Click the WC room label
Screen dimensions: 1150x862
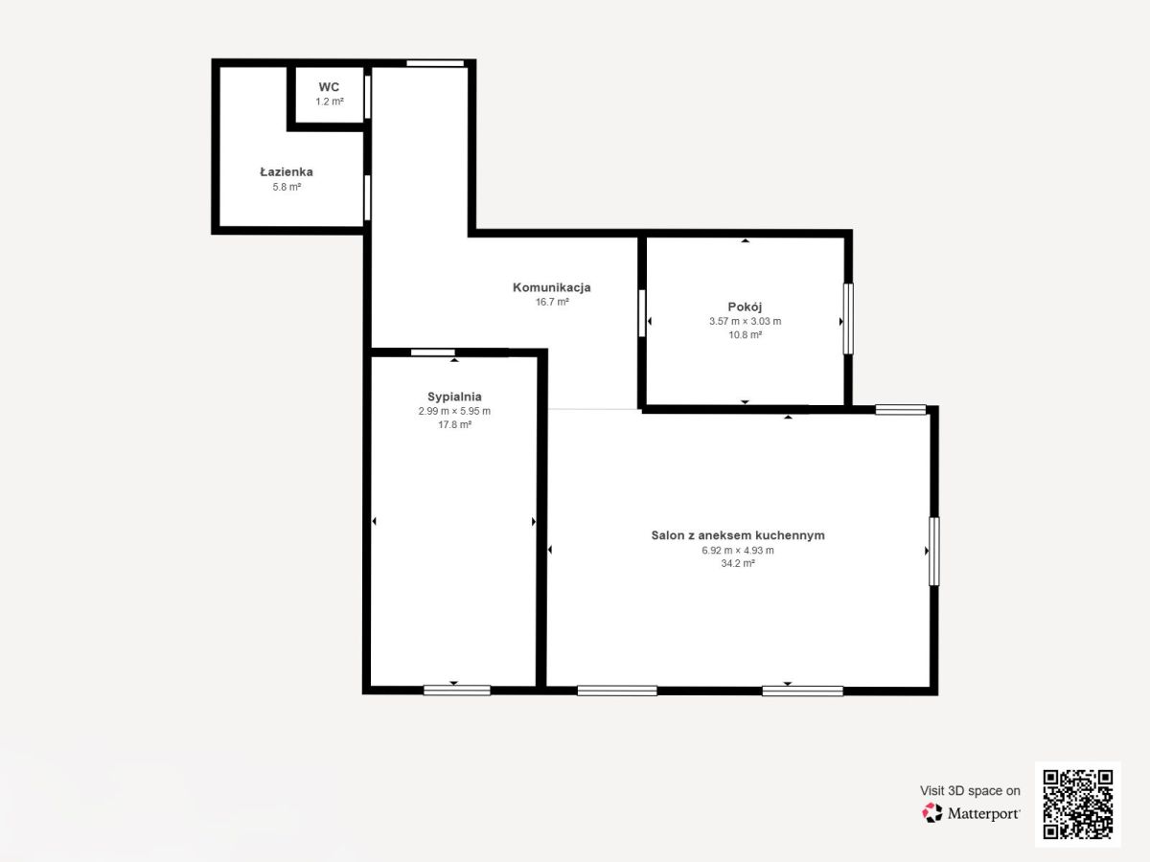(329, 87)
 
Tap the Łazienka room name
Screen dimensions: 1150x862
(287, 171)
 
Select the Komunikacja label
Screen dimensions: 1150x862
(552, 287)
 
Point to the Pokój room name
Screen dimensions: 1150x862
(745, 306)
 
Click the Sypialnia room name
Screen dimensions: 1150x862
(454, 397)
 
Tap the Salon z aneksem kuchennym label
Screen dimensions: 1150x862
(738, 534)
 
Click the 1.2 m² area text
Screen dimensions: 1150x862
(329, 102)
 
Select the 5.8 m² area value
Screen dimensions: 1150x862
(287, 187)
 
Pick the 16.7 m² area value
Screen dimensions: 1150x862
(552, 302)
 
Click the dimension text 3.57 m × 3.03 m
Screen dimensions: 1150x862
(745, 322)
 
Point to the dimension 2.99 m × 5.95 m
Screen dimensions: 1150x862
(454, 412)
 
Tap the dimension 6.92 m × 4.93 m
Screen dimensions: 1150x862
(738, 550)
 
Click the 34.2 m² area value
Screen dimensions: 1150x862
(738, 564)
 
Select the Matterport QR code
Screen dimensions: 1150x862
(1078, 804)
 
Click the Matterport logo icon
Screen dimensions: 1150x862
(932, 813)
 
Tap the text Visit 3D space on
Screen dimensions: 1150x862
(970, 791)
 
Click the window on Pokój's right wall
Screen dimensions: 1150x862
(848, 319)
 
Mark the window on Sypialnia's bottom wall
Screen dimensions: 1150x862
(457, 691)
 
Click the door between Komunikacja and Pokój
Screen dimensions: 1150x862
(642, 313)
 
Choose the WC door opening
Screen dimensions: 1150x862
(368, 97)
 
